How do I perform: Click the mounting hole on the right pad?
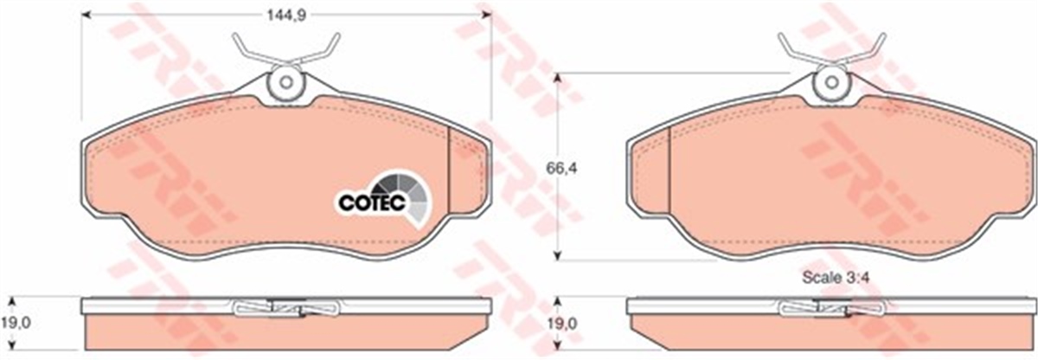coord(831,83)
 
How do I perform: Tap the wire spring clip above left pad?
coord(284,48)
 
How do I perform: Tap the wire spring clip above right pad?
coord(831,48)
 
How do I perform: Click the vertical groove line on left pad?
coord(450,170)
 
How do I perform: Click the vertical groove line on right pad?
coord(670,170)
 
